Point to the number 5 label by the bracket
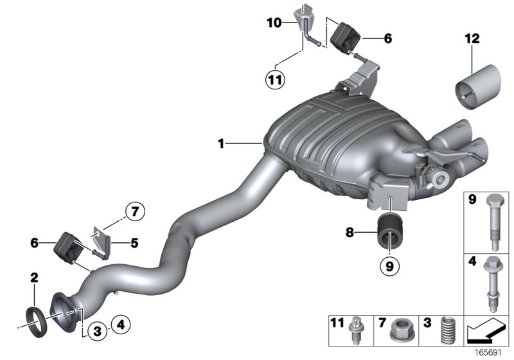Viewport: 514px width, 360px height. tap(134, 243)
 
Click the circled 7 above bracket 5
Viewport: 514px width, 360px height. tap(136, 210)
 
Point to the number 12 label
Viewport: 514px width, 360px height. tap(472, 40)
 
